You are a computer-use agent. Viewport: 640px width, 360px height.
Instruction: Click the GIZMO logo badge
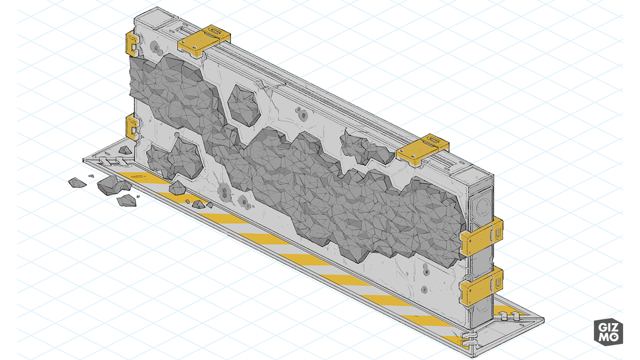608,332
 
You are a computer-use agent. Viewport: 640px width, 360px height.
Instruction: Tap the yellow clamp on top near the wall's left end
204,41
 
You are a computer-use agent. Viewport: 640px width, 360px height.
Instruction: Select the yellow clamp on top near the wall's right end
422,149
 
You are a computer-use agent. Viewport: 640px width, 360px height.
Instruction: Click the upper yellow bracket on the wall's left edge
132,44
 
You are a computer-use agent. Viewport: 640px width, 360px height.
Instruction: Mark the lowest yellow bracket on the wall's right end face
481,286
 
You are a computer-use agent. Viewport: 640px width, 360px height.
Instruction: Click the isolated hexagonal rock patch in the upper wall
244,105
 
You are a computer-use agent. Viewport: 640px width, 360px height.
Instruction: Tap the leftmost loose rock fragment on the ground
77,183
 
